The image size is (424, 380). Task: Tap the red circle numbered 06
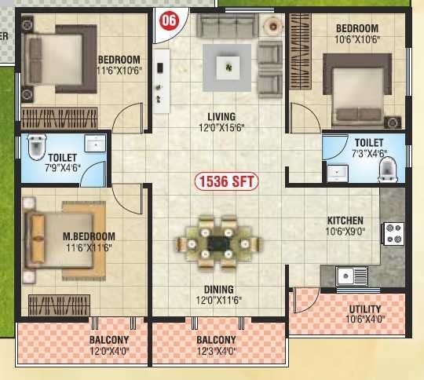(x=168, y=21)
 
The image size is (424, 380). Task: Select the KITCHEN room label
(x=345, y=221)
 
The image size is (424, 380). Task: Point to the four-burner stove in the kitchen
(x=392, y=233)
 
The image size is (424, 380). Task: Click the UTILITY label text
(x=364, y=309)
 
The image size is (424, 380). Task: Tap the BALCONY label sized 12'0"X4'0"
(x=108, y=340)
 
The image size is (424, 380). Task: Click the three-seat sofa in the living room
(x=227, y=25)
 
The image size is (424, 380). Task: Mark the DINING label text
(x=215, y=289)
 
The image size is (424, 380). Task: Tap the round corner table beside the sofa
(x=274, y=25)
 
